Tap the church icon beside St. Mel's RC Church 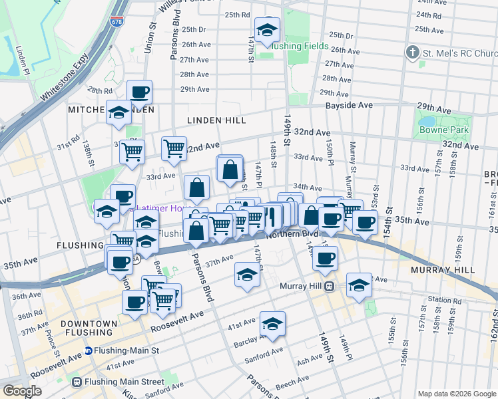(x=413, y=53)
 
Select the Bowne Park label (x=444, y=130)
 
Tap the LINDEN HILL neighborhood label (x=207, y=120)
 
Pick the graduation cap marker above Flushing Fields (x=268, y=31)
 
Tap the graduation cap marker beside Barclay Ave (x=272, y=325)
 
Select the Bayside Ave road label (x=347, y=106)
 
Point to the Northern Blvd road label (x=292, y=234)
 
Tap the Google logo (x=22, y=391)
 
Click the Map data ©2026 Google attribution (x=457, y=394)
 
